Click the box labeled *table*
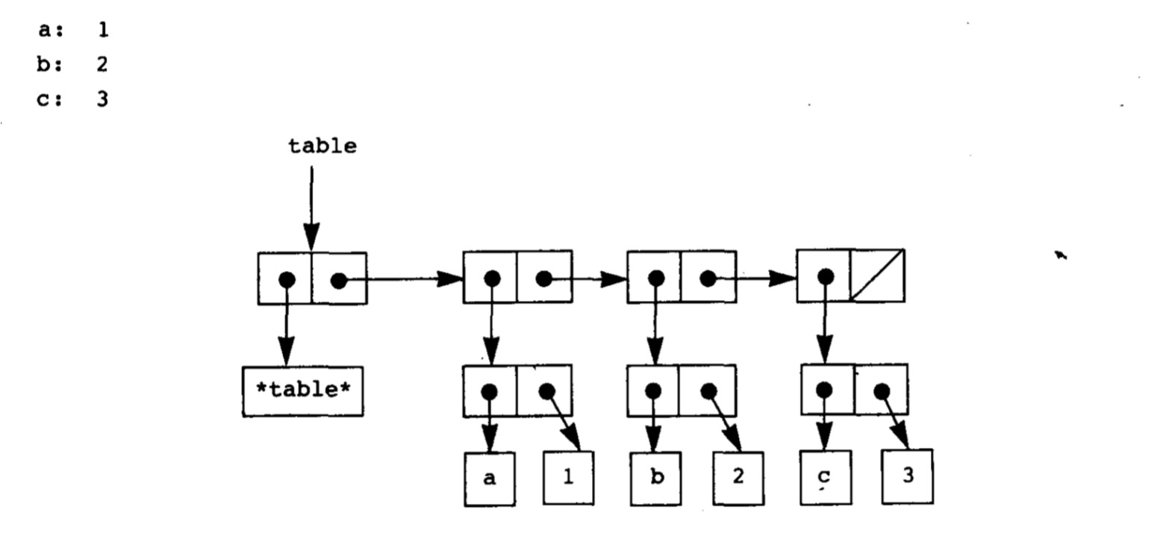click(302, 390)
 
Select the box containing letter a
click(489, 479)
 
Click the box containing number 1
click(568, 478)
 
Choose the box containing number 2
click(738, 478)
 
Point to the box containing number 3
click(907, 476)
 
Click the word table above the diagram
click(322, 146)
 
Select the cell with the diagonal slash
click(878, 275)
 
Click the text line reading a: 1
click(73, 31)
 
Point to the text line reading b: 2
click(73, 65)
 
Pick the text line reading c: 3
click(73, 99)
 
